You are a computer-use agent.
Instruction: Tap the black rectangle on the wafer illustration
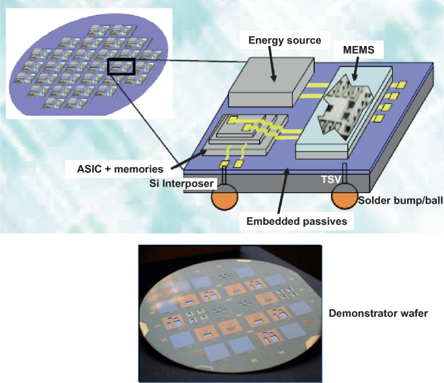[x=121, y=66]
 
